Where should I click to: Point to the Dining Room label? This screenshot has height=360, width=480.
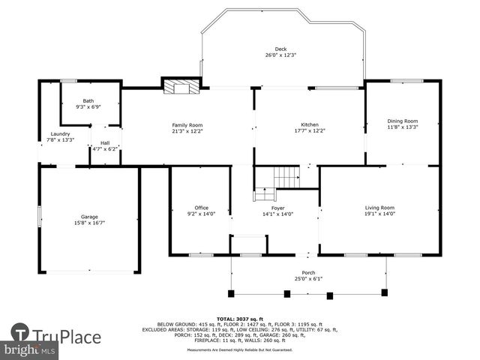pyautogui.click(x=402, y=121)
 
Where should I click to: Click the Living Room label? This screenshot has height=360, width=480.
pyautogui.click(x=379, y=207)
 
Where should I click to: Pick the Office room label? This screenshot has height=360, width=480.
pyautogui.click(x=201, y=207)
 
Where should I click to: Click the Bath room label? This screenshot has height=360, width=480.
pyautogui.click(x=88, y=100)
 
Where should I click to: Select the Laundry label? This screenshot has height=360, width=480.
pyautogui.click(x=60, y=133)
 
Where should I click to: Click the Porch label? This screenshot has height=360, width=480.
pyautogui.click(x=308, y=273)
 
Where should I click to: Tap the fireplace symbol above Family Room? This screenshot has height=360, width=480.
pyautogui.click(x=181, y=86)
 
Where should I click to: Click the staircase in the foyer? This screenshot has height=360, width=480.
pyautogui.click(x=286, y=177)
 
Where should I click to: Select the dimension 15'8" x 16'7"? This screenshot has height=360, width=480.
pyautogui.click(x=89, y=222)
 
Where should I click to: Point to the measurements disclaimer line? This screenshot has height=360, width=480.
pyautogui.click(x=240, y=349)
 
